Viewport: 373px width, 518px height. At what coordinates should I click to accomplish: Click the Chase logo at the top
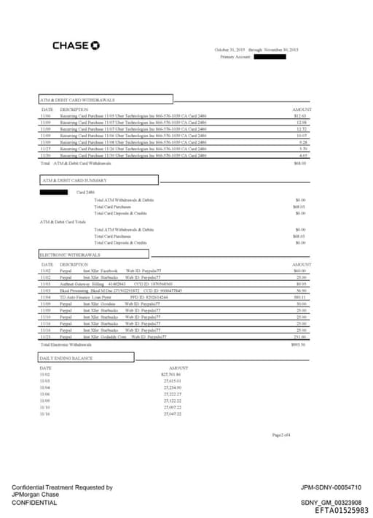(x=76, y=46)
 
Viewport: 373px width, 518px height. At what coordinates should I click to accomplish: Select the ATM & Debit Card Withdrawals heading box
(x=106, y=99)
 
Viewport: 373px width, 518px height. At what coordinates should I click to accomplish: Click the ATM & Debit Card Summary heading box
(x=99, y=179)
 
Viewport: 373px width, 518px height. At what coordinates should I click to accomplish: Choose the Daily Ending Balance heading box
(x=86, y=358)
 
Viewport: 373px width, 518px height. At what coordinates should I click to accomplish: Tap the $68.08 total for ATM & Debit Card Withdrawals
(x=299, y=163)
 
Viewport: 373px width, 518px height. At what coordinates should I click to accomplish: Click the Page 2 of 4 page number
(x=280, y=435)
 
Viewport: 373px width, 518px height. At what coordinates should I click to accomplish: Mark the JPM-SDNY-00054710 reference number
(x=331, y=487)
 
